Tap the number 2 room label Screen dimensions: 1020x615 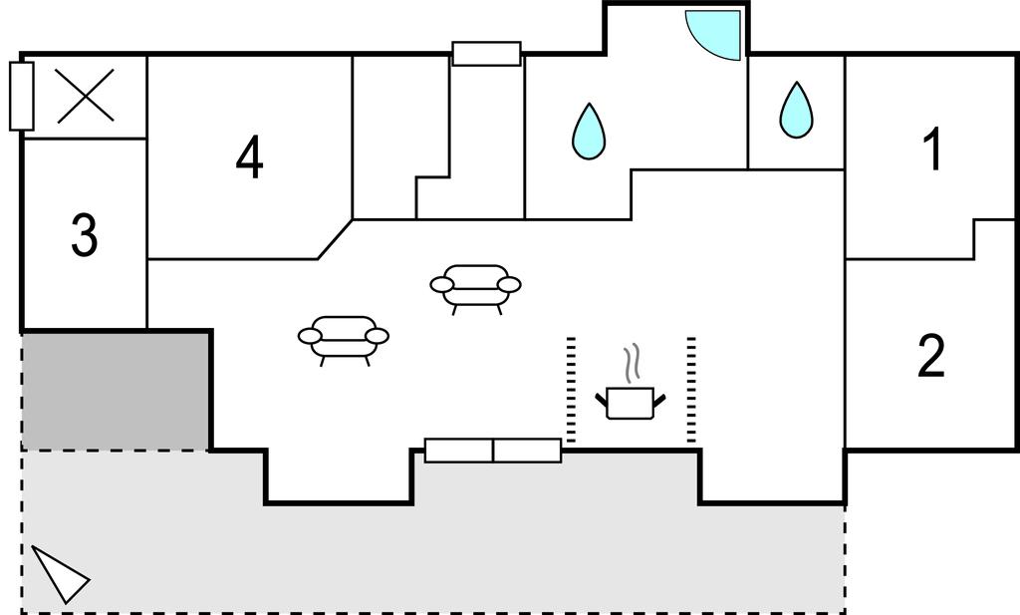coord(931,355)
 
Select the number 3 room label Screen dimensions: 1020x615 coord(84,234)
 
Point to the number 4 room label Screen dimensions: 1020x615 coord(250,156)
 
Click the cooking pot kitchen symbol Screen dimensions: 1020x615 coord(631,403)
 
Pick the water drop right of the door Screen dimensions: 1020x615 coord(796,110)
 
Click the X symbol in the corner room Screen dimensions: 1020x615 coord(86,96)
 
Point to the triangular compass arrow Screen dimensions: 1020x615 coord(60,574)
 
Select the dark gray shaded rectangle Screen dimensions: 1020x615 coord(116,391)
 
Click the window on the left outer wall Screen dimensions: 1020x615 coord(22,97)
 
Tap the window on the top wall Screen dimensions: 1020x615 coord(486,54)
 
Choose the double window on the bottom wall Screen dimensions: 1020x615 coord(493,451)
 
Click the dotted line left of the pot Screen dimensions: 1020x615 coord(571,391)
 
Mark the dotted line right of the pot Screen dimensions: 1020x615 coord(691,391)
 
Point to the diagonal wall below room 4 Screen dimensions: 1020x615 coord(335,239)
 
